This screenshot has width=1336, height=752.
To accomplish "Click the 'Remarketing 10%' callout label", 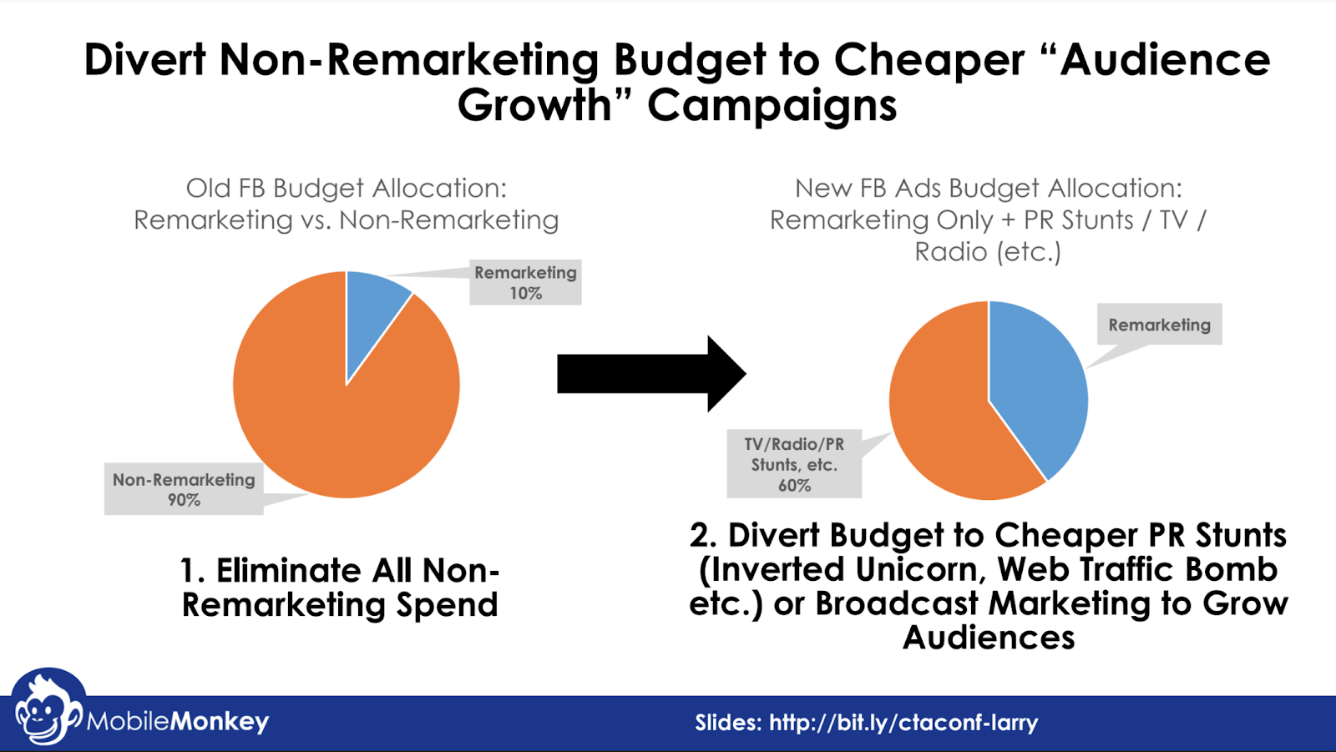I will [525, 283].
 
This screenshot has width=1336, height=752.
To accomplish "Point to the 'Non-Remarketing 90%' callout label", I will [184, 489].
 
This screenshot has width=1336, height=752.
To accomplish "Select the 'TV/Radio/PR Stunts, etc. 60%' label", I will [794, 465].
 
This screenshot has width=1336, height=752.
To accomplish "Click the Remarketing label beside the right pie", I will [1159, 325].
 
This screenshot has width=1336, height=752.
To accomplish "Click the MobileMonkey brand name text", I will [178, 721].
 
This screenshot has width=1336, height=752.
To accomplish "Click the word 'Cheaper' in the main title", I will [929, 60].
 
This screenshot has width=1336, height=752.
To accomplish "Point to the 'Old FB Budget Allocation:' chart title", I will [346, 189].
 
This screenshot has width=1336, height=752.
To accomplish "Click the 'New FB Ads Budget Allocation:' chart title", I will [988, 189].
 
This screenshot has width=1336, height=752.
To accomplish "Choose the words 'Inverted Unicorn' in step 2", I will [843, 570].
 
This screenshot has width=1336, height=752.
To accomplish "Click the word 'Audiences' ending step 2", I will [989, 638].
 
